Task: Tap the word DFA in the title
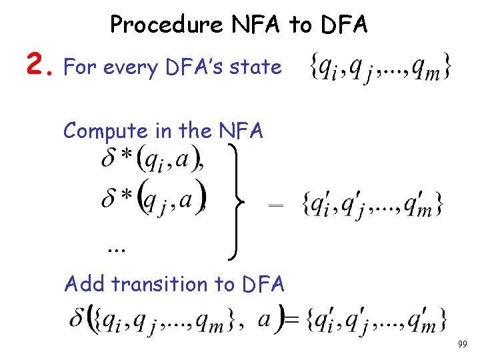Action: tap(344, 25)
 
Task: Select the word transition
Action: tap(158, 285)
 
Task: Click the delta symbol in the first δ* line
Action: tap(109, 160)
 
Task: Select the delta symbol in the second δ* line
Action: tap(109, 198)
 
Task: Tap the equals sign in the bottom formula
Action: tap(291, 321)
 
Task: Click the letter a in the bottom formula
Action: tap(263, 319)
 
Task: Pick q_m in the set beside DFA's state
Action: tap(431, 68)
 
